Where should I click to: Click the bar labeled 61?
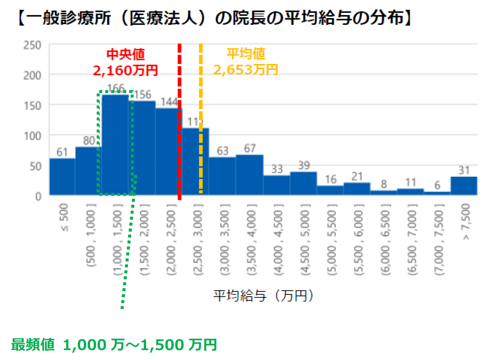click(x=62, y=176)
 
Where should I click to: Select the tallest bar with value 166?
click(x=116, y=144)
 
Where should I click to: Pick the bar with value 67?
click(x=250, y=175)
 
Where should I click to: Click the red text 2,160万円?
click(x=125, y=70)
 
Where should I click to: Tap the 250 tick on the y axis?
click(x=32, y=45)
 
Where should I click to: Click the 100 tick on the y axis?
click(x=32, y=136)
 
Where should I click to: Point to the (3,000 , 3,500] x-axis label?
click(x=225, y=239)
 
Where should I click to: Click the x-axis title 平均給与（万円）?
click(x=263, y=296)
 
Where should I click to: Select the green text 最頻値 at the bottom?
click(x=33, y=345)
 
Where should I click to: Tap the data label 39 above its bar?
click(x=304, y=165)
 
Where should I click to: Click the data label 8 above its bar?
click(x=384, y=184)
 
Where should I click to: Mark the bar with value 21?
click(x=357, y=189)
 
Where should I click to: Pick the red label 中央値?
click(x=126, y=54)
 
